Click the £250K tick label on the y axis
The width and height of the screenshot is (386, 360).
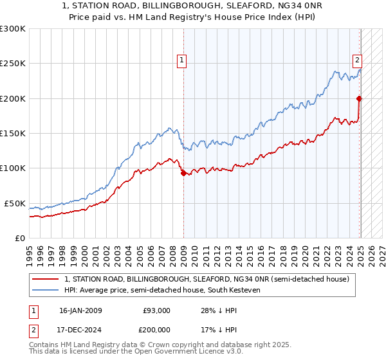click(13, 64)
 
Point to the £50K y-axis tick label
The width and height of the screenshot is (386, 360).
click(15, 203)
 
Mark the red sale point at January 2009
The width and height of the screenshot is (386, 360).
click(183, 173)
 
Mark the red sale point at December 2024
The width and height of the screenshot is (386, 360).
click(359, 98)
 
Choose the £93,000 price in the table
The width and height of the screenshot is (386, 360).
click(156, 310)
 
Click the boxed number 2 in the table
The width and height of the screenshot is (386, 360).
click(33, 331)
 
